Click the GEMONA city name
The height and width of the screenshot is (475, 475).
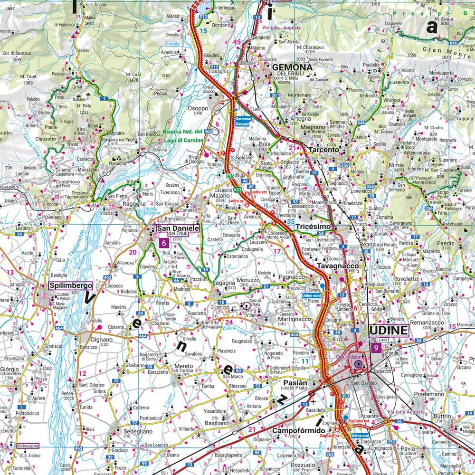coord(292,68)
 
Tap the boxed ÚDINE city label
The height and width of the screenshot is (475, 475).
coord(389,330)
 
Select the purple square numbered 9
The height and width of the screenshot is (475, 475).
coord(376,348)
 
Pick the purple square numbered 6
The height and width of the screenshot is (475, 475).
coord(164,243)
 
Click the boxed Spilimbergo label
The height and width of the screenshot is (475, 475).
coord(70,286)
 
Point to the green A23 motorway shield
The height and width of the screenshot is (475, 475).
coord(237,189)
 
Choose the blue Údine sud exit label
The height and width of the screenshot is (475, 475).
coord(358,436)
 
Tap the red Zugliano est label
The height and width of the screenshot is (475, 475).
coord(360,421)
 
